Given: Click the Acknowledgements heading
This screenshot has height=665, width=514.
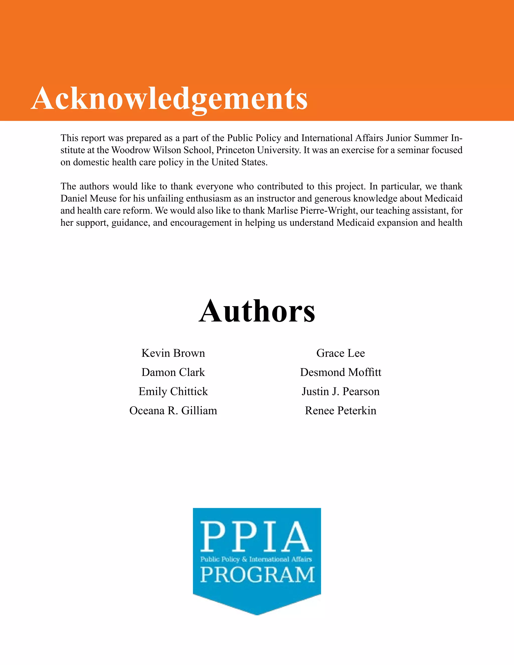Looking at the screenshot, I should (169, 98).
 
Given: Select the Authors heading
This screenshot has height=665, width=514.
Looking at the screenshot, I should (257, 311).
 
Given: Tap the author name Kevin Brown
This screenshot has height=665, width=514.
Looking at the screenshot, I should (173, 353).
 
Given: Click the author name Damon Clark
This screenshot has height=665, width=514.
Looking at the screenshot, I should (173, 372).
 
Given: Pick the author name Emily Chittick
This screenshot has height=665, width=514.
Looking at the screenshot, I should (173, 391).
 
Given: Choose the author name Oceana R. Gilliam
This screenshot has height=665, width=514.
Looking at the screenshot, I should (173, 411).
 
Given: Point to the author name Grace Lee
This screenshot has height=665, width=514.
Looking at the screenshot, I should (340, 353).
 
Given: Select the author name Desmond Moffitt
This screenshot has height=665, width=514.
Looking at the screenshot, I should (340, 372).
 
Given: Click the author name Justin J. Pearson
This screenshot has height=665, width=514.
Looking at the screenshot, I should (340, 391).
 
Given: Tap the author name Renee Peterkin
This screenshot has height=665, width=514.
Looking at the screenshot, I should (340, 411).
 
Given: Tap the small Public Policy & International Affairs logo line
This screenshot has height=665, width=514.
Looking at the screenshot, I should (256, 559).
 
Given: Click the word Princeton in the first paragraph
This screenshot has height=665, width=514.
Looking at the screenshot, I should (235, 150).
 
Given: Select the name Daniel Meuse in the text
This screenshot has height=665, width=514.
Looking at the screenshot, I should (89, 198).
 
